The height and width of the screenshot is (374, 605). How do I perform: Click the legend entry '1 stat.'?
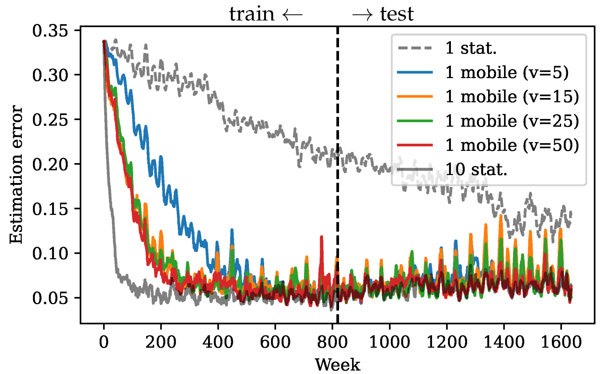coord(471,48)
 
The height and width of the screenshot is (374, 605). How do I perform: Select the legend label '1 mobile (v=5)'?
coord(506,72)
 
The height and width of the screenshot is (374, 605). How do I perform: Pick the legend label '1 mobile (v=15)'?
coord(512,97)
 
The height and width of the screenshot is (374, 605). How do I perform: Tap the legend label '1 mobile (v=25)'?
coord(512,121)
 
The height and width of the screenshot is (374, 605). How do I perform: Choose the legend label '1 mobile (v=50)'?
coord(512,145)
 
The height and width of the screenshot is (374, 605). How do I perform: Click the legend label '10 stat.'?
coord(476,169)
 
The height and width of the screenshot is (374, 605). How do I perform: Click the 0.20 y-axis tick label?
coord(50,164)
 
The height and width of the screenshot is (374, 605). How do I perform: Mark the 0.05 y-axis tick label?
coord(50,298)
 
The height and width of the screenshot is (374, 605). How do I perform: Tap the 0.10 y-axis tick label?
coord(50,253)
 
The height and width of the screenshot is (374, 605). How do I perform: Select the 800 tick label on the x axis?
coord(332,342)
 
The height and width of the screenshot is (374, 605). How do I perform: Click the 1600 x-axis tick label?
coord(561,342)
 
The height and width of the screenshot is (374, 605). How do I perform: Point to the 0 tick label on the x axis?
coord(104,342)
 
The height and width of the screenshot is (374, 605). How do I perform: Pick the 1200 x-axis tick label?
coord(447,342)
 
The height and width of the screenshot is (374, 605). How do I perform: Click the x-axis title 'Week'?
coord(337,365)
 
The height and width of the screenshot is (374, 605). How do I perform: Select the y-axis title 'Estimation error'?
coord(16,174)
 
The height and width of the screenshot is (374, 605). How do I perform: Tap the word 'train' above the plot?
coord(252,14)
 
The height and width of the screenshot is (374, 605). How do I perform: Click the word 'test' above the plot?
coord(397,14)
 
